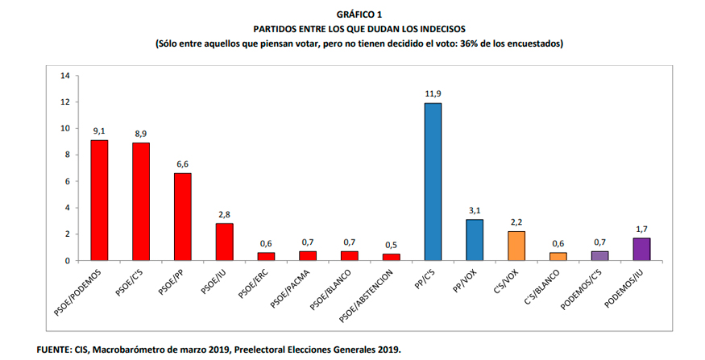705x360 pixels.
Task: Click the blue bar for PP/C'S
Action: pos(433,181)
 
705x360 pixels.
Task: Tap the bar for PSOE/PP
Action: pos(183,217)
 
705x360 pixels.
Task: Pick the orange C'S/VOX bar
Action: pos(516,246)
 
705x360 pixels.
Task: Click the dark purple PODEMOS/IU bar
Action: pos(642,249)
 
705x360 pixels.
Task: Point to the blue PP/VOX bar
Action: pos(475,240)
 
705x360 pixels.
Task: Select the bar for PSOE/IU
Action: pos(225,242)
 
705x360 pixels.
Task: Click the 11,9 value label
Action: pos(433,93)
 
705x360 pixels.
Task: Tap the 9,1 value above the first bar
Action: pos(99,130)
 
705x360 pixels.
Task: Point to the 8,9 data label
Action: pos(141,133)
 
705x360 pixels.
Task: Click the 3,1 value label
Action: pos(475,209)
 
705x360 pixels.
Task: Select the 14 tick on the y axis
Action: pos(65,76)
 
